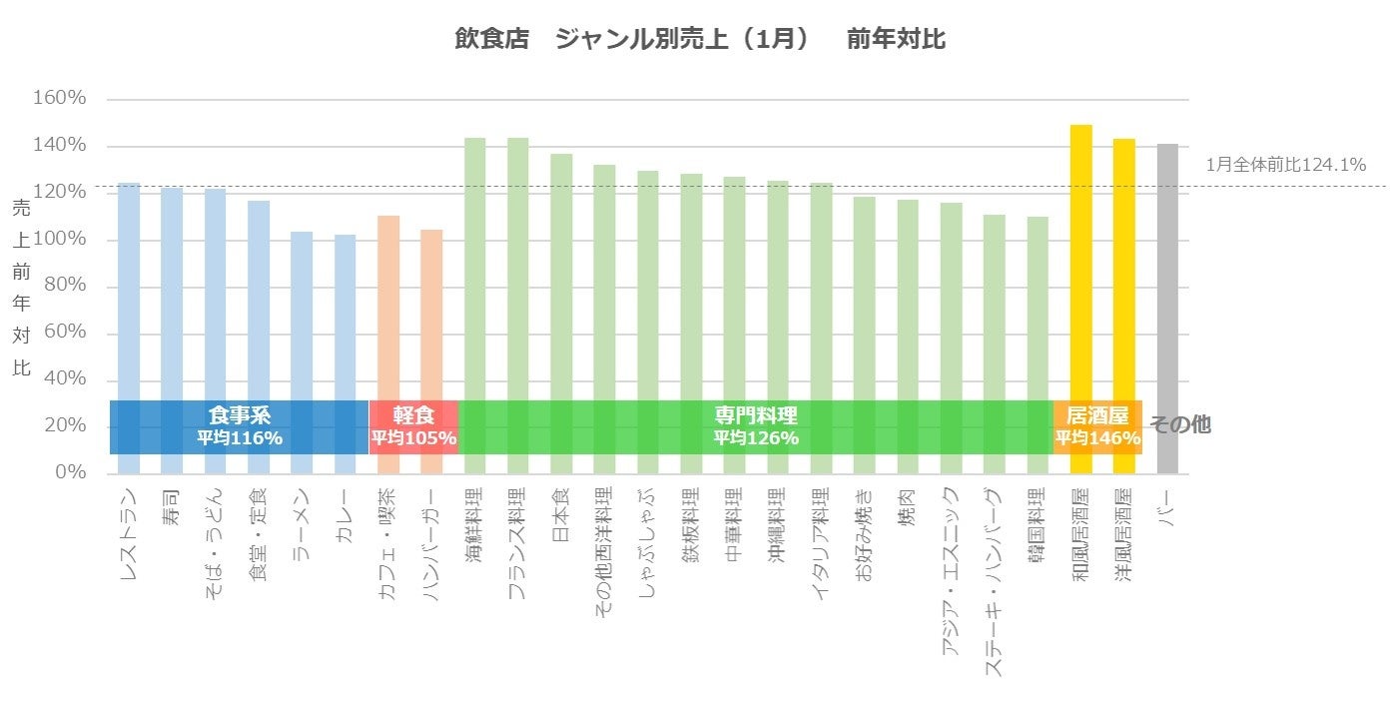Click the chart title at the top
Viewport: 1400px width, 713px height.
coord(699,39)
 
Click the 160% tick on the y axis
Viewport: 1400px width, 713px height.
coord(61,99)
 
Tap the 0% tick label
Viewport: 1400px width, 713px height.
coord(69,472)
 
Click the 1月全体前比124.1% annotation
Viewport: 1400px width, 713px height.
coord(1285,165)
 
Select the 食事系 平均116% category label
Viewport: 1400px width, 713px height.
coord(240,426)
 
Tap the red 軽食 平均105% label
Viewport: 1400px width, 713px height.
coord(413,426)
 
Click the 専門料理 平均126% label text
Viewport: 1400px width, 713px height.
coord(756,426)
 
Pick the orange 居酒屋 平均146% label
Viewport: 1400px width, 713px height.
coord(1097,426)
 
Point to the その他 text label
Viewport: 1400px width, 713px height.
coord(1180,424)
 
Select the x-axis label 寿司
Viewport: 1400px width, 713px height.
coord(172,504)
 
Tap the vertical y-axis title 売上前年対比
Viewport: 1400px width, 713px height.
coord(21,287)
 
